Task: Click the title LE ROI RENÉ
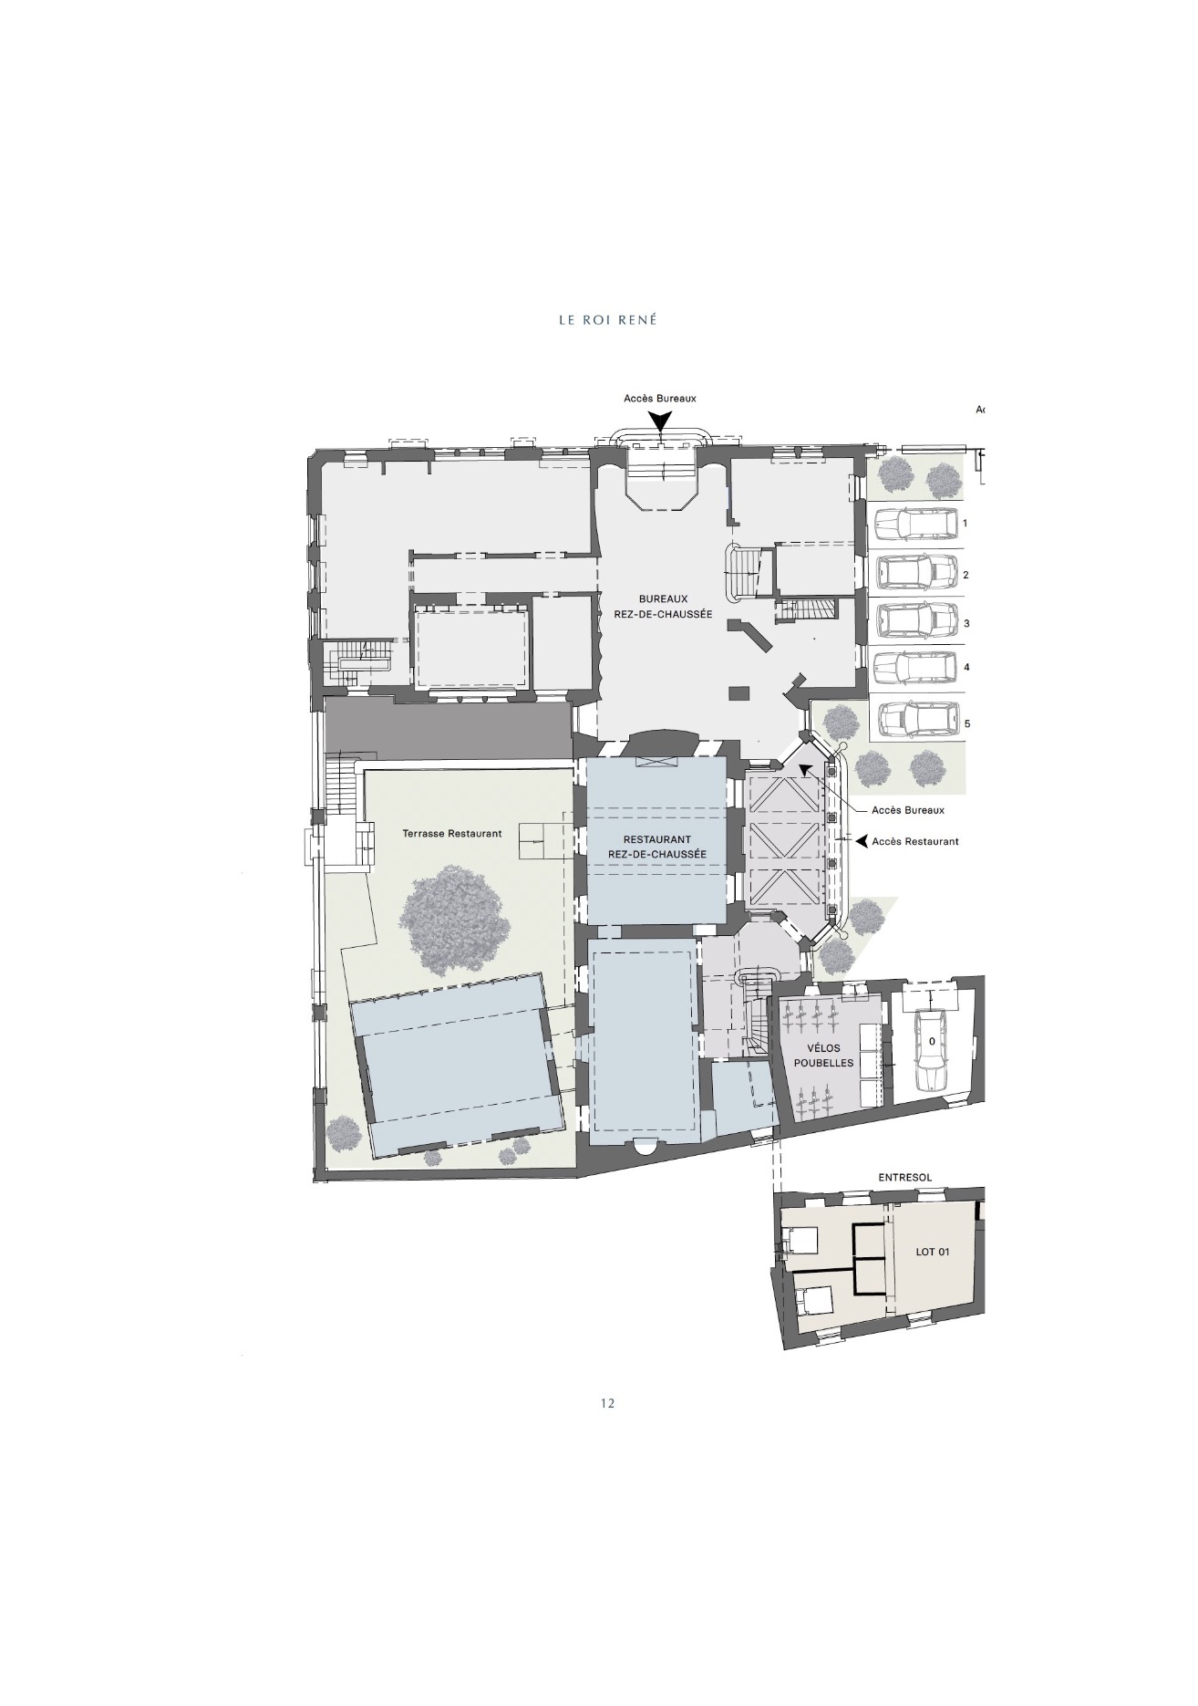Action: (x=607, y=320)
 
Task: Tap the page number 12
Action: (x=608, y=1403)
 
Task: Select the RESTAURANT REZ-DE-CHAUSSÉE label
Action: (x=657, y=847)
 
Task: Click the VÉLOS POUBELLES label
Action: (x=823, y=1056)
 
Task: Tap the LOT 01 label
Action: (x=933, y=1252)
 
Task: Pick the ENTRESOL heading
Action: (x=905, y=1178)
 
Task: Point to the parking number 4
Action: (x=966, y=667)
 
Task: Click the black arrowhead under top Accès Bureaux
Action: (x=661, y=421)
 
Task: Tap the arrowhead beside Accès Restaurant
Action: (x=861, y=841)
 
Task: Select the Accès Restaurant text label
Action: (x=915, y=841)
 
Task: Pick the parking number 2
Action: (x=966, y=576)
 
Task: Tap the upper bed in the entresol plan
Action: (x=802, y=1241)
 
